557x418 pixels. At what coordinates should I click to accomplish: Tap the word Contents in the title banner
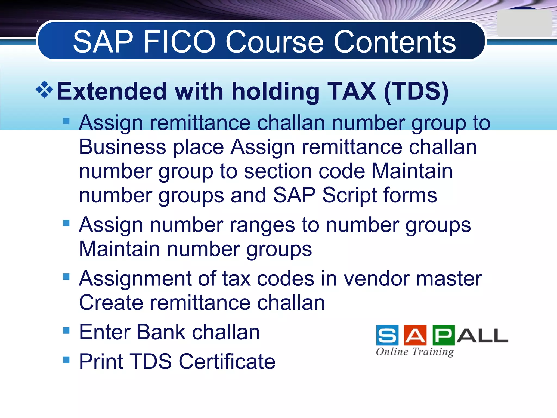point(395,42)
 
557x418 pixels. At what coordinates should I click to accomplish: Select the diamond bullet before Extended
point(44,90)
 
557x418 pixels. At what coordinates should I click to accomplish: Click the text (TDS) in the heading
point(416,91)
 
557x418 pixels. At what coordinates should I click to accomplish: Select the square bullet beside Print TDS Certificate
point(66,360)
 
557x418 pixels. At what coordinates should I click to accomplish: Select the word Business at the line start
point(122,147)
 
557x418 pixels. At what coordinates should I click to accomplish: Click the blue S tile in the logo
point(387,335)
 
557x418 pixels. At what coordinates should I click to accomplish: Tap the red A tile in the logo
point(415,335)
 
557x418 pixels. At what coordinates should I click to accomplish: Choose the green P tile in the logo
point(443,335)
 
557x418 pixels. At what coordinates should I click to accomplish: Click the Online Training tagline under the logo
point(415,352)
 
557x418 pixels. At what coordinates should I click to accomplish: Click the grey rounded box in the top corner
point(524,23)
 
